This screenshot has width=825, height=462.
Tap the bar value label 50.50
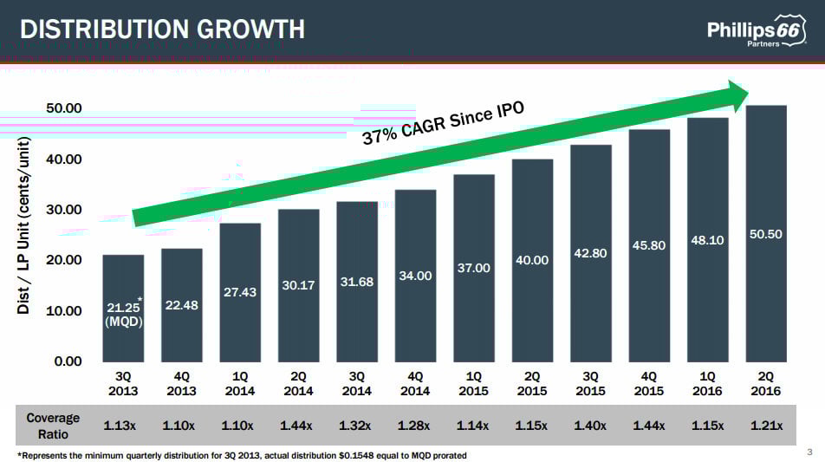click(766, 234)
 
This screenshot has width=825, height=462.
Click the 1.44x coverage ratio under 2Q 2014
click(299, 426)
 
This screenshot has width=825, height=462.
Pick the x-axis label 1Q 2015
click(474, 384)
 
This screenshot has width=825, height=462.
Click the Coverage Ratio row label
click(53, 425)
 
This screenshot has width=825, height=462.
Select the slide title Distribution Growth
click(162, 29)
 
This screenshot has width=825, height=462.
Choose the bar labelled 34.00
click(415, 276)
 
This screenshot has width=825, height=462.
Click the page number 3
click(809, 452)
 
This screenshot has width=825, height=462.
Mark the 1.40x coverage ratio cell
click(591, 426)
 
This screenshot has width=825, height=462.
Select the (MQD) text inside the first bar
click(124, 322)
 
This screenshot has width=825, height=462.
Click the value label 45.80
click(649, 245)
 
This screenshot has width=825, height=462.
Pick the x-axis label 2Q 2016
click(766, 384)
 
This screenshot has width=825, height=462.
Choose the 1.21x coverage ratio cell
click(766, 426)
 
